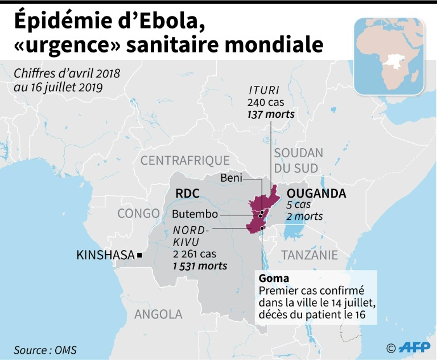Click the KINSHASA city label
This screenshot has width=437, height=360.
106,256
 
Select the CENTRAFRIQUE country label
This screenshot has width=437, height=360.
185,161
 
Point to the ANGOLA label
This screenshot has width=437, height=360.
158,314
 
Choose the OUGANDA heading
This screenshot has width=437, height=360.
316,193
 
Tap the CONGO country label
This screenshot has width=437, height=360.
138,214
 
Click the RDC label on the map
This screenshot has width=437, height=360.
188,194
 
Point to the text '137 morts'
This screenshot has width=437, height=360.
271,114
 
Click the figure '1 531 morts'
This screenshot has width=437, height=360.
199,266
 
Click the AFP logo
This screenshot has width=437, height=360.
414,347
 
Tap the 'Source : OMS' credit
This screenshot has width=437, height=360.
46,350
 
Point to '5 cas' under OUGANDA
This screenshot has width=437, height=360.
298,205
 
